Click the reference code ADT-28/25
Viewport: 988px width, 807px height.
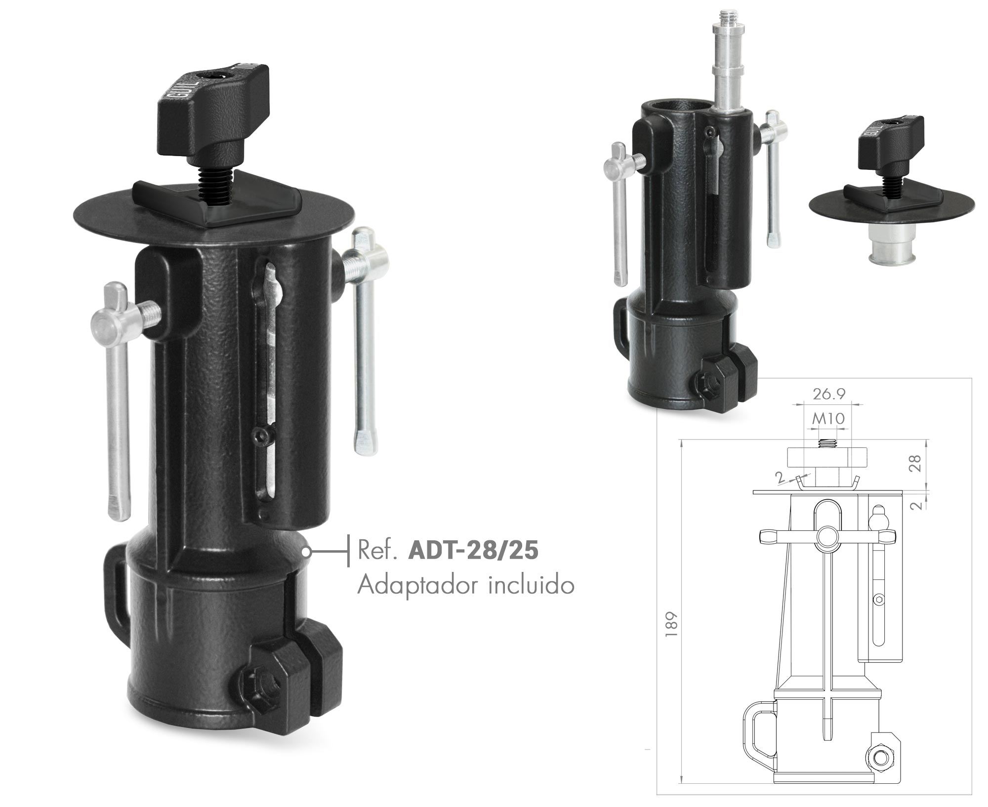(473, 551)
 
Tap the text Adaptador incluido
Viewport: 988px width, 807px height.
(466, 586)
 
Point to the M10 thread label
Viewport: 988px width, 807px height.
(828, 419)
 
